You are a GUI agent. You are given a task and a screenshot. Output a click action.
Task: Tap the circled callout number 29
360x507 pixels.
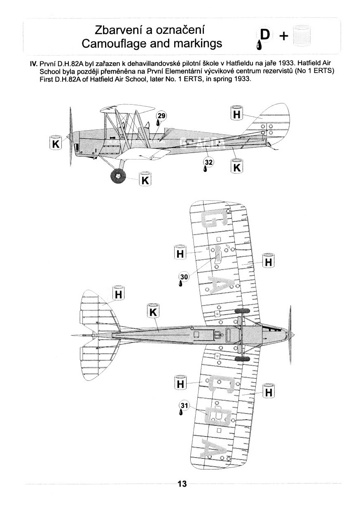click(x=161, y=116)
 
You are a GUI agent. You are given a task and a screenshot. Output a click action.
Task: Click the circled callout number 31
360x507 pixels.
click(x=184, y=406)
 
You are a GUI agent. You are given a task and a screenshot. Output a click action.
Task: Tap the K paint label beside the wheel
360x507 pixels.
click(x=145, y=181)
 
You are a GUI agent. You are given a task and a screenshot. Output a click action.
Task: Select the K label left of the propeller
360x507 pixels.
click(x=55, y=144)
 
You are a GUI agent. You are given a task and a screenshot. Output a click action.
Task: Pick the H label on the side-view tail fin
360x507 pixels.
click(x=236, y=114)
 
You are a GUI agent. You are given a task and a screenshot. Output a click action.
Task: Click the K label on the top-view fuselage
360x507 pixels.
click(x=153, y=312)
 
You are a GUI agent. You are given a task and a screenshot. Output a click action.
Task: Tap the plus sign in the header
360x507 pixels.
click(x=283, y=36)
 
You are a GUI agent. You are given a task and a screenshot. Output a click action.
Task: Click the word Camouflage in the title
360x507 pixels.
click(x=117, y=43)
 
